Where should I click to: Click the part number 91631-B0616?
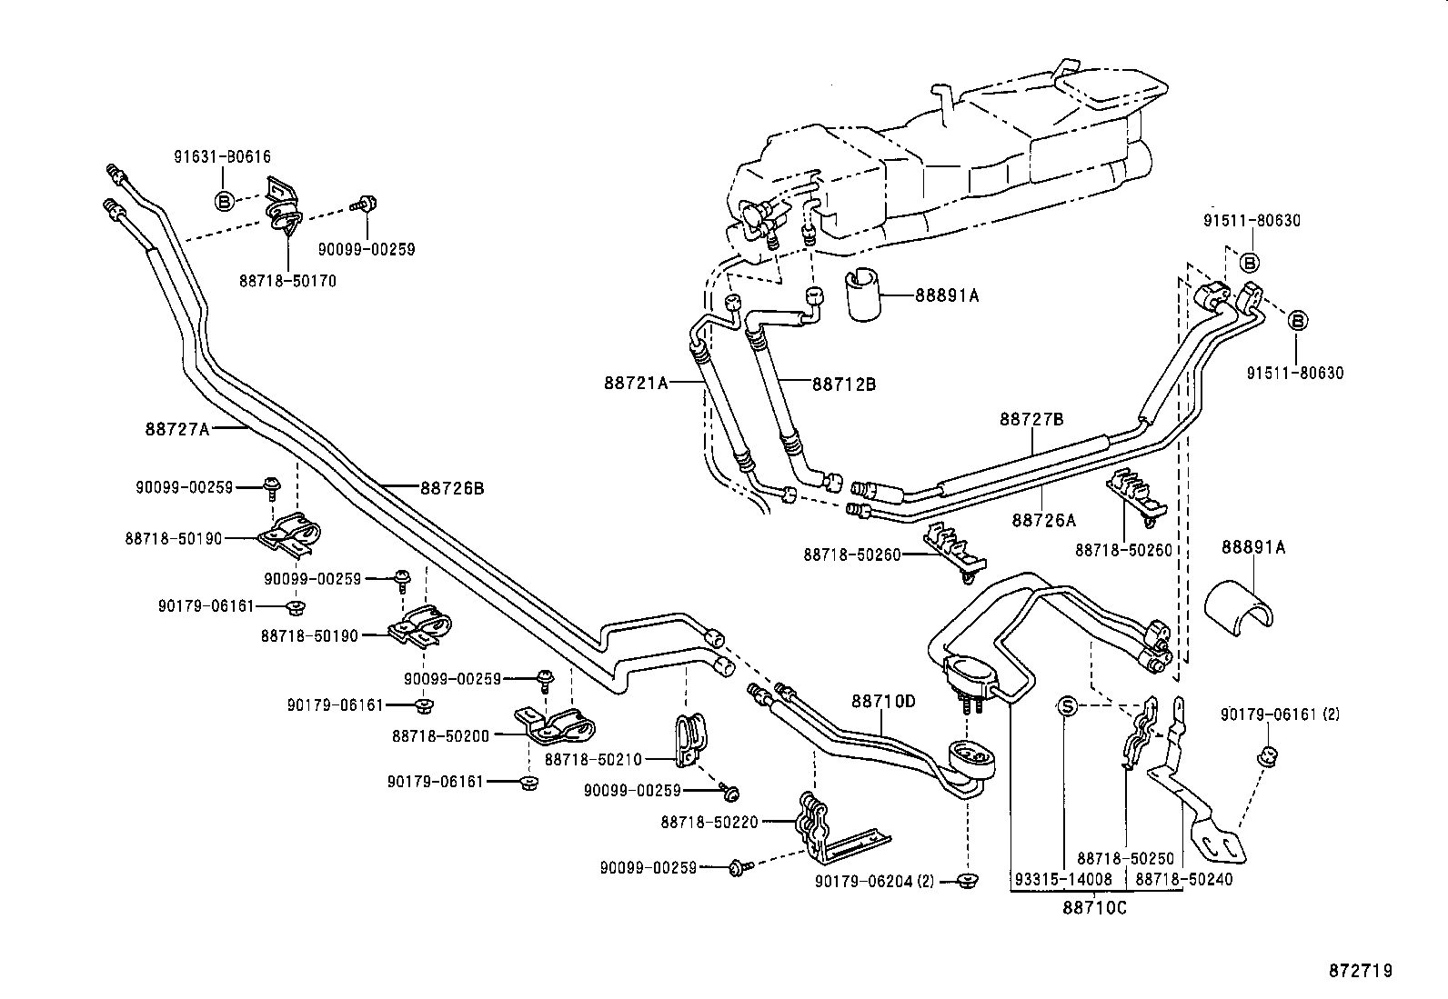pos(222,156)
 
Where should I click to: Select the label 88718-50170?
pos(287,281)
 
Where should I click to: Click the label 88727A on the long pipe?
pos(176,428)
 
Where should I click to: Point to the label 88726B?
pos(451,488)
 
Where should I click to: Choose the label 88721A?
pos(636,384)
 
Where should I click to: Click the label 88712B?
pos(843,384)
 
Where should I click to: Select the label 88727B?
pos(1031,419)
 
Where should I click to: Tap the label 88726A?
pos(1043,520)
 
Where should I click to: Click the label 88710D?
pos(883,701)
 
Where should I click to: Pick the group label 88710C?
pos(1094,906)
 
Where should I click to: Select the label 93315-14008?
pos(1063,879)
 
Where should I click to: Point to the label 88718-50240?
pos(1184,879)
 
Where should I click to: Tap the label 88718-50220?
pos(709,822)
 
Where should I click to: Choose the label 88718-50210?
pos(593,759)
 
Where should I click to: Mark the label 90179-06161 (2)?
pos(1280,714)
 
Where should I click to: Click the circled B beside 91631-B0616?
pos(225,199)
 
